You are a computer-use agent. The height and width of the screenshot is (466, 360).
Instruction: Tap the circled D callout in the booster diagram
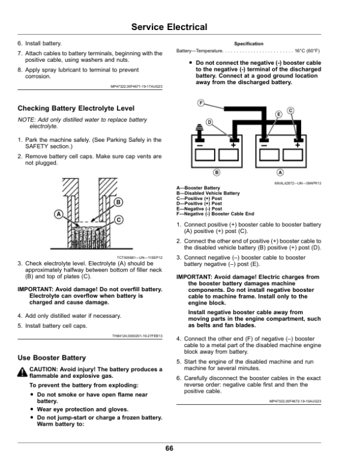[x=209, y=123]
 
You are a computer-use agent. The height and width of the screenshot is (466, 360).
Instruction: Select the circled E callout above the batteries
[x=278, y=114]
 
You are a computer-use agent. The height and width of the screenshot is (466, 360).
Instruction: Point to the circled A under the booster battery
[x=280, y=173]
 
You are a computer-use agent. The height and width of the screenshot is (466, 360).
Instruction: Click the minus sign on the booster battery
[x=265, y=145]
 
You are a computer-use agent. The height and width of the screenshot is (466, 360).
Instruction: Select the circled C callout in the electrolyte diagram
[x=119, y=220]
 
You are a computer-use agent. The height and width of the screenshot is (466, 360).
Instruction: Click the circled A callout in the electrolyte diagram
[x=58, y=214]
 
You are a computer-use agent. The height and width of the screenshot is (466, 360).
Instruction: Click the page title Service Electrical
[x=169, y=27]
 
